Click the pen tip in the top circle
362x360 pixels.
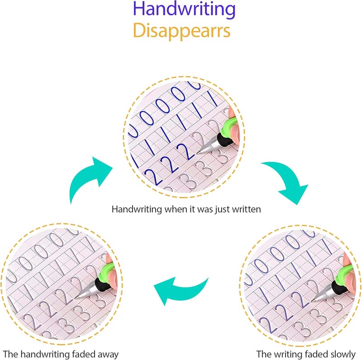pos(200,152)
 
